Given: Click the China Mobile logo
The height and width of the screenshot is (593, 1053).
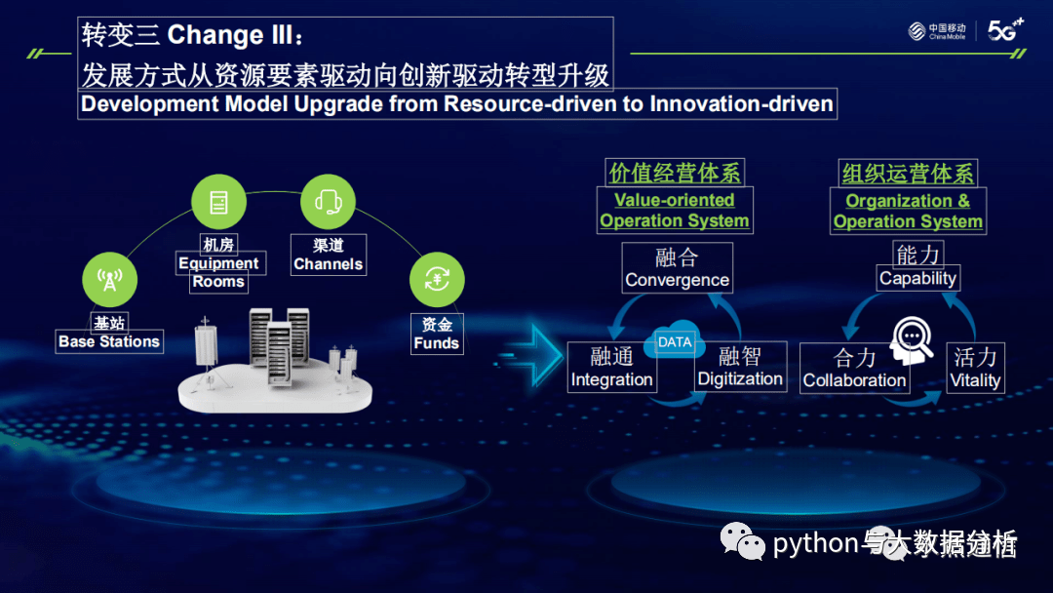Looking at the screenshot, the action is pyautogui.click(x=937, y=31).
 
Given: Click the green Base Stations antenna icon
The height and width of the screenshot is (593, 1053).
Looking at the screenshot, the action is pyautogui.click(x=109, y=281).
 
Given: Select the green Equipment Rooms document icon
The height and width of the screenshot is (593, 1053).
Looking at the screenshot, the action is pyautogui.click(x=218, y=202).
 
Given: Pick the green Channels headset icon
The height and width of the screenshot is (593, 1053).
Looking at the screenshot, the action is pyautogui.click(x=328, y=202).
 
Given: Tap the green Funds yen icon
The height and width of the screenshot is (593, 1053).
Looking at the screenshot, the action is pyautogui.click(x=436, y=281).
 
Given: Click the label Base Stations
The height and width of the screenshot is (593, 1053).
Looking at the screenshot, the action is pyautogui.click(x=109, y=341).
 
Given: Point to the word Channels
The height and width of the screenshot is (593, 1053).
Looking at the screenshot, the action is pyautogui.click(x=328, y=264).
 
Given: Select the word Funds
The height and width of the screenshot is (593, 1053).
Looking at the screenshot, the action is pyautogui.click(x=436, y=343).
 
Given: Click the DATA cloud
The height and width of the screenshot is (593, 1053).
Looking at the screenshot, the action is pyautogui.click(x=675, y=342).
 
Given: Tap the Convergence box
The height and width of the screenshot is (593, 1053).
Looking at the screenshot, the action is pyautogui.click(x=677, y=268).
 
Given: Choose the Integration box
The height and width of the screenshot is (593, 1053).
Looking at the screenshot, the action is pyautogui.click(x=611, y=368).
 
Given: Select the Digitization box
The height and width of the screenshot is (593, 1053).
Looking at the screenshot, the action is pyautogui.click(x=740, y=367).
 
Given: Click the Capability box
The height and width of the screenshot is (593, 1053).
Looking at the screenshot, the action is pyautogui.click(x=917, y=266).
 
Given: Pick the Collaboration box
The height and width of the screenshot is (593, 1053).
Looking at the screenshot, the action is pyautogui.click(x=854, y=369).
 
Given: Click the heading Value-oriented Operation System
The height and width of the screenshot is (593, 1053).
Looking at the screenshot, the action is pyautogui.click(x=675, y=211).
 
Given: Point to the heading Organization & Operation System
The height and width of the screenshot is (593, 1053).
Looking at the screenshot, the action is pyautogui.click(x=908, y=211).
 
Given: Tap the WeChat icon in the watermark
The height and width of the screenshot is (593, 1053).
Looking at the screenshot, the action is pyautogui.click(x=743, y=542).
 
